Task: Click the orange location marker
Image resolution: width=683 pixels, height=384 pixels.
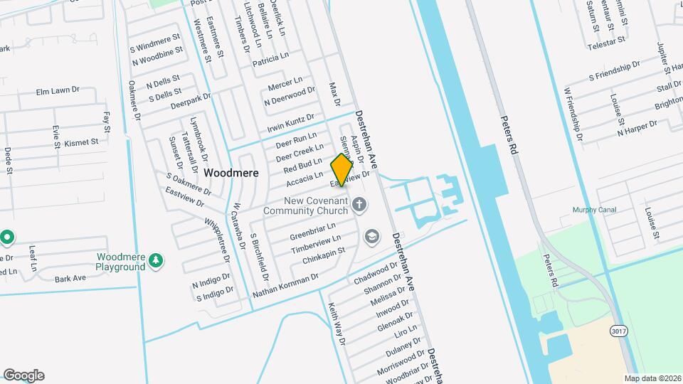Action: pos(342,169)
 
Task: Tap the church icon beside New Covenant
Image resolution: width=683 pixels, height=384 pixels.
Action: pos(360,206)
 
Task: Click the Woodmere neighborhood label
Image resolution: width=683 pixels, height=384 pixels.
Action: pos(231,173)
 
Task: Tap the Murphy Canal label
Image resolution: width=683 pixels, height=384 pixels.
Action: pos(594,210)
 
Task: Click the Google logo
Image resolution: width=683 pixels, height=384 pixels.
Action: pos(23,375)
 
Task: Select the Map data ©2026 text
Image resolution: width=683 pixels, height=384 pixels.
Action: pos(652,378)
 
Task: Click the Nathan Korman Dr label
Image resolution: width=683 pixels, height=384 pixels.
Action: pos(285,284)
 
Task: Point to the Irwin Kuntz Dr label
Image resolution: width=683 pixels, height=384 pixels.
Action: pos(290,122)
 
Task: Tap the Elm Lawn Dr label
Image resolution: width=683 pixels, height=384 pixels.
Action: pos(58,92)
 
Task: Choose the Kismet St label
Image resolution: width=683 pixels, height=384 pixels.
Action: pos(81,142)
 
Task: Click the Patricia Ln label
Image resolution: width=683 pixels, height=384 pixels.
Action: pos(270,58)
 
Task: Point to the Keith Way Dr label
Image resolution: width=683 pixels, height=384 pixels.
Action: pos(336,323)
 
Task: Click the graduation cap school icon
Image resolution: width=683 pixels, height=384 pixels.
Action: pos(371,236)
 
